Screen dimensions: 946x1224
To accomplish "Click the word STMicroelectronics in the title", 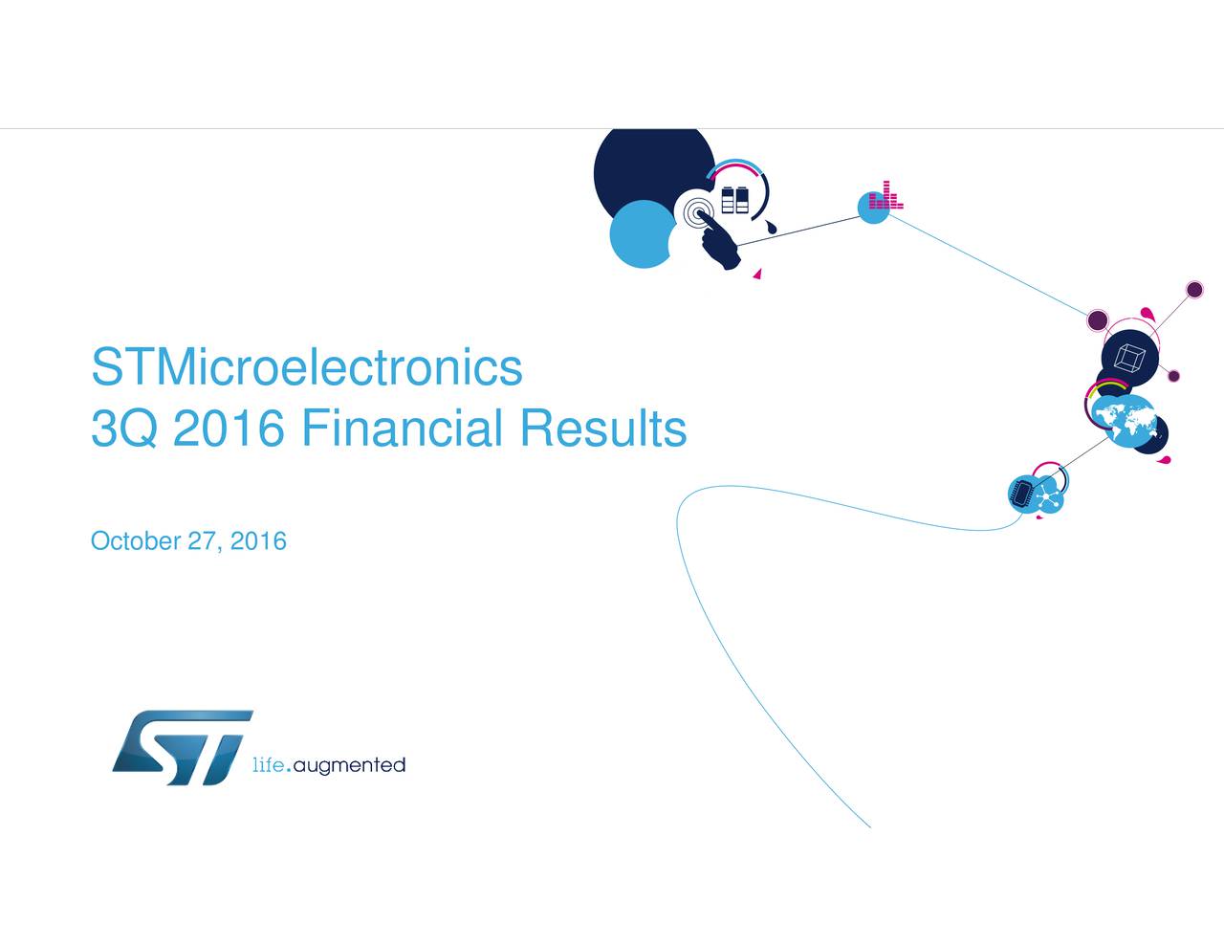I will click(x=307, y=367).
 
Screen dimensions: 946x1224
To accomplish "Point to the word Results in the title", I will click(x=603, y=428).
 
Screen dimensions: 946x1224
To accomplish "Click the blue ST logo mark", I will click(x=182, y=747).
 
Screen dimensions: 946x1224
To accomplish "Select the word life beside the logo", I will click(x=269, y=765).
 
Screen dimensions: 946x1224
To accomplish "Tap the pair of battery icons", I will click(x=735, y=200).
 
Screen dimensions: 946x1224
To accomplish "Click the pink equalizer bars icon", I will click(x=885, y=195).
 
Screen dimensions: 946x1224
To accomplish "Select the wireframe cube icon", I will click(x=1129, y=359).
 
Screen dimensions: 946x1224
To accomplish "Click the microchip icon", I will click(x=1021, y=494).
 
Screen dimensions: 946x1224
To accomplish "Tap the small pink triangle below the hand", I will click(x=757, y=275).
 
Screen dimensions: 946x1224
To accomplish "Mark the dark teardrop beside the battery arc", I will click(x=771, y=228).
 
